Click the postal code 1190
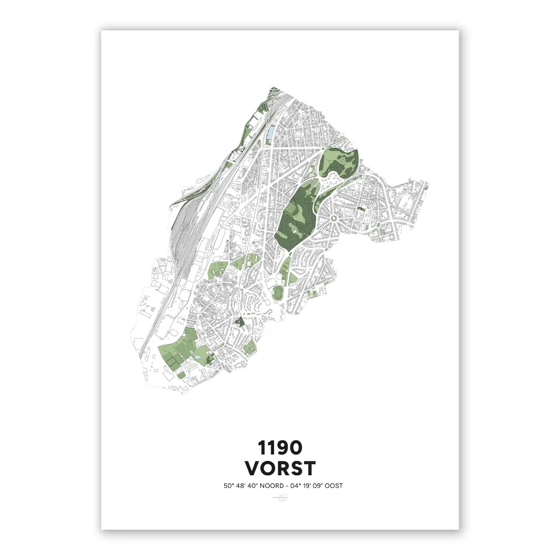click(x=279, y=448)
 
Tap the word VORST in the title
click(x=279, y=469)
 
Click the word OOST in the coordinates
click(x=333, y=486)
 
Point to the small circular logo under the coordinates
click(x=279, y=498)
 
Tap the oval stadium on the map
click(x=278, y=293)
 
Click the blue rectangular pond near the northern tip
click(x=271, y=132)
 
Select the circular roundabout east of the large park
click(x=334, y=219)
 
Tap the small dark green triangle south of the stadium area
click(x=239, y=321)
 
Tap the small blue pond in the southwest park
click(x=195, y=357)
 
